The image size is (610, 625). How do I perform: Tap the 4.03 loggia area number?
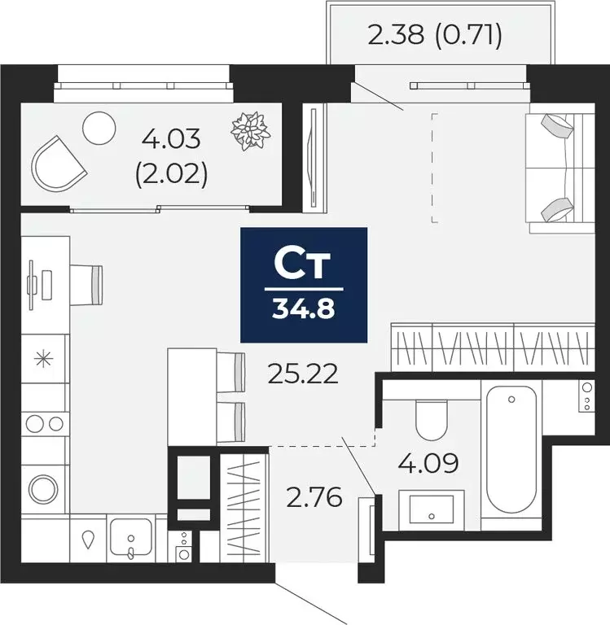(x=171, y=140)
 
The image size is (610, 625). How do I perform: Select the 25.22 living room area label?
(x=302, y=374)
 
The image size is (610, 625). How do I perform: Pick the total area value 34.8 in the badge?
(x=304, y=310)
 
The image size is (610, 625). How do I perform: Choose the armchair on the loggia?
(x=58, y=165)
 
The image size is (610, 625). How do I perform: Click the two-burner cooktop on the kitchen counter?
(x=44, y=422)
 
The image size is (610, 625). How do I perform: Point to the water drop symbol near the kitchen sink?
(x=88, y=539)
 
